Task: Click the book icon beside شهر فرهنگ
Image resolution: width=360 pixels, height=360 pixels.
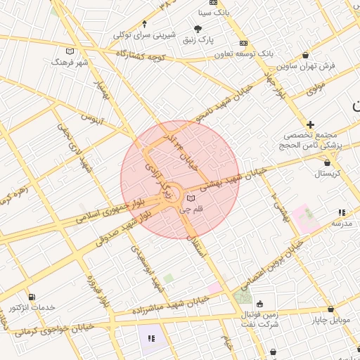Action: click(69, 51)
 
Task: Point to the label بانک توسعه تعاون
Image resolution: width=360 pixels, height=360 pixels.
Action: click(233, 53)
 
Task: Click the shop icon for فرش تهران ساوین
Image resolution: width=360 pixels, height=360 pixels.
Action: click(304, 55)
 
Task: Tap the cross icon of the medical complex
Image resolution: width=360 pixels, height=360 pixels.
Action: click(310, 124)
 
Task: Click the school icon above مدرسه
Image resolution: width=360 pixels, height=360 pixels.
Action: click(342, 212)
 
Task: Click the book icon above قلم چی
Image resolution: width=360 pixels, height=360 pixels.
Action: click(191, 198)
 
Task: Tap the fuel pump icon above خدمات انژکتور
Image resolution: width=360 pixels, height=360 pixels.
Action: click(31, 297)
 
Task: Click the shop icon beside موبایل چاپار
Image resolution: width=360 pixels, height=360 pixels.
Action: click(330, 309)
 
